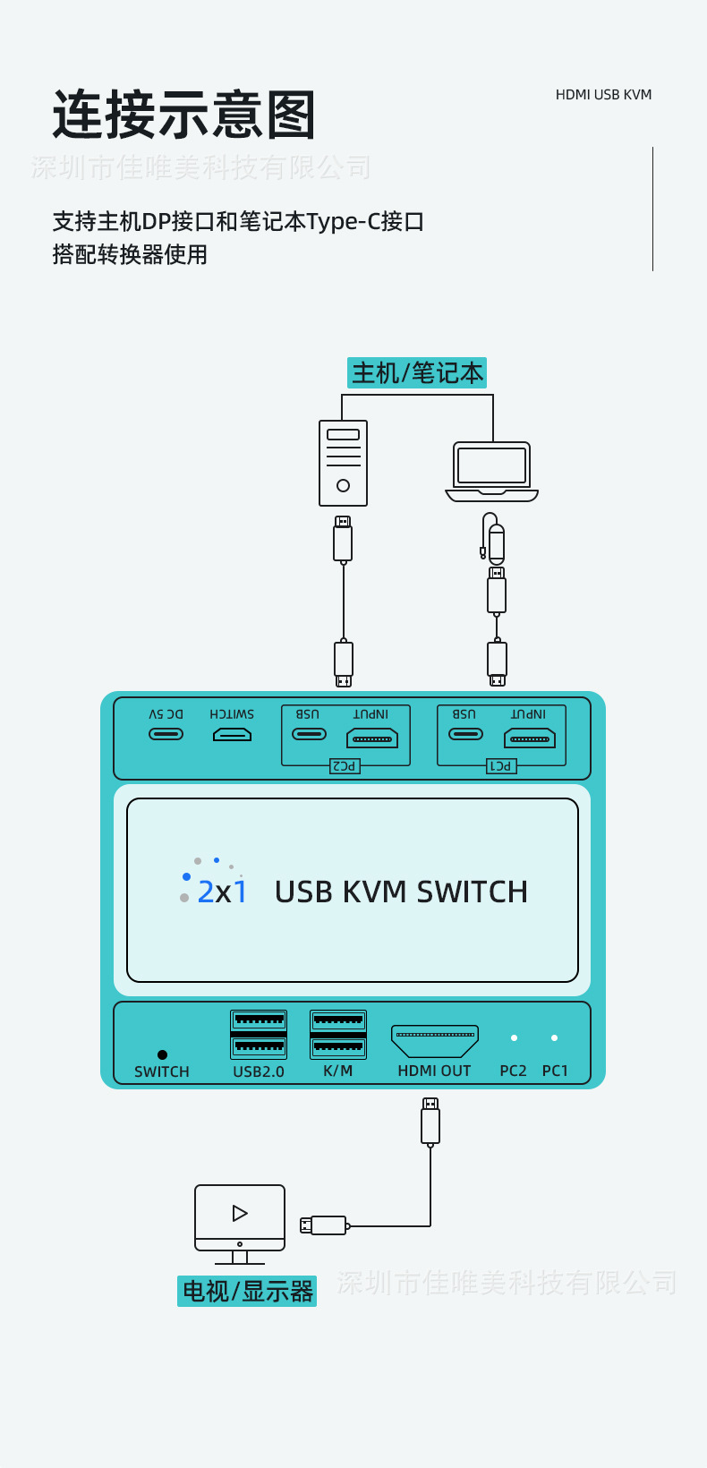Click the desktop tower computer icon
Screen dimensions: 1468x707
(x=344, y=463)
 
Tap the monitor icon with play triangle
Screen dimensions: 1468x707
(x=240, y=1218)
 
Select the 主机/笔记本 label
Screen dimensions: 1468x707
(x=417, y=372)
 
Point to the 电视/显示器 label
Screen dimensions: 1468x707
(x=248, y=1291)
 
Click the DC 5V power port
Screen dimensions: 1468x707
(x=166, y=734)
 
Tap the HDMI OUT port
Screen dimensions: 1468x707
(x=435, y=1041)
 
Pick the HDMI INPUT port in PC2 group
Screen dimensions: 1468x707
(x=372, y=738)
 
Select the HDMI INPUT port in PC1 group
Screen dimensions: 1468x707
(x=530, y=738)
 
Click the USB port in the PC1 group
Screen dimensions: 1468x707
(x=465, y=734)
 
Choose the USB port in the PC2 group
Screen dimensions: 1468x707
(x=309, y=734)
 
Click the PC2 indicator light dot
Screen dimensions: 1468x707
(x=514, y=1038)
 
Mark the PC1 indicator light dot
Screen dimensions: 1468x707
(x=555, y=1038)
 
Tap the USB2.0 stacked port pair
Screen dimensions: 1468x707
(x=259, y=1034)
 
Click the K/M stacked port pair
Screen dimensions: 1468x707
(x=338, y=1034)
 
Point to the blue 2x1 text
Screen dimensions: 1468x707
(x=222, y=892)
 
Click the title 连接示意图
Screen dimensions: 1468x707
(x=184, y=115)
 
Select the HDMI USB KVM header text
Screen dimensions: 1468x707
(x=603, y=95)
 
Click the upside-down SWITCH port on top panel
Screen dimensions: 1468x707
(x=232, y=735)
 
